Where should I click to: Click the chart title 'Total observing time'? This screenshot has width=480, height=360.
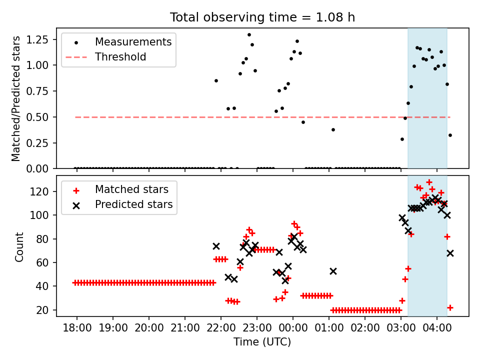pyautogui.click(x=262, y=17)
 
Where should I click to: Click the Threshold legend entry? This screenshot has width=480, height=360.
pyautogui.click(x=120, y=57)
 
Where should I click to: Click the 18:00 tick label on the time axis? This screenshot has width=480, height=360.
pyautogui.click(x=77, y=329)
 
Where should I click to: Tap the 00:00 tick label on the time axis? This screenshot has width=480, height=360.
pyautogui.click(x=293, y=329)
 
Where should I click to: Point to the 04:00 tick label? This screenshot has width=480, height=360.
pyautogui.click(x=437, y=329)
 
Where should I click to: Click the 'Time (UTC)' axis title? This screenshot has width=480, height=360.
pyautogui.click(x=262, y=342)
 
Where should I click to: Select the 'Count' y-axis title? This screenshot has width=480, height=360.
pyautogui.click(x=19, y=246)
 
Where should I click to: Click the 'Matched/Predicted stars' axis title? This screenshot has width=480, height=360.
pyautogui.click(x=16, y=98)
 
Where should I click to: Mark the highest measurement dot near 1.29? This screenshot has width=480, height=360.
pyautogui.click(x=249, y=35)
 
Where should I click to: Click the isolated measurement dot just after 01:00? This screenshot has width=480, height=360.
pyautogui.click(x=333, y=129)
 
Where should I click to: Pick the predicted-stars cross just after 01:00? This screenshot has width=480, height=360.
pyautogui.click(x=333, y=271)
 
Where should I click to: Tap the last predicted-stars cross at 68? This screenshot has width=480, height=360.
pyautogui.click(x=450, y=253)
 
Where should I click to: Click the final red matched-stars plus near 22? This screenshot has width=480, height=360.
pyautogui.click(x=450, y=307)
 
